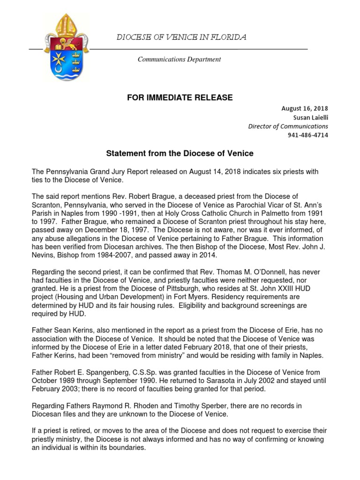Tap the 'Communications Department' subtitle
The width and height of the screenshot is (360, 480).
(179, 60)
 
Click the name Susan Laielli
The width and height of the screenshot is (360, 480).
(308, 117)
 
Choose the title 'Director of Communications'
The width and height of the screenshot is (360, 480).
(288, 126)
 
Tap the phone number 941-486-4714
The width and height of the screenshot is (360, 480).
(307, 135)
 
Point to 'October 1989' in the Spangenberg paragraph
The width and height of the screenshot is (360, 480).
(53, 382)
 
